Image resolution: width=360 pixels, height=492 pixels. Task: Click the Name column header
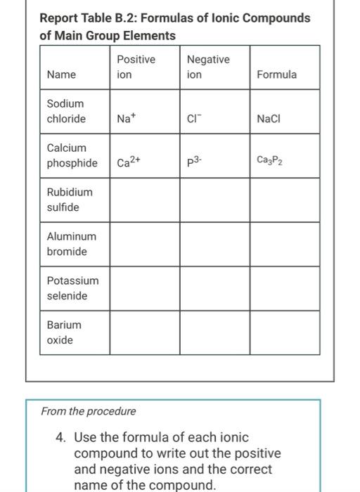click(x=62, y=75)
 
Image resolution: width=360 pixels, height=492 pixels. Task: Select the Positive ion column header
click(x=136, y=67)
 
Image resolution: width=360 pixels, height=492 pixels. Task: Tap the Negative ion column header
click(x=207, y=67)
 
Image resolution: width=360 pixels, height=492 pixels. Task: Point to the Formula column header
click(x=277, y=75)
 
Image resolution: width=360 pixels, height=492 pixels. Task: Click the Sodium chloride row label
click(x=66, y=111)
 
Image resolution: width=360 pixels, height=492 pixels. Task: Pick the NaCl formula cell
click(x=269, y=119)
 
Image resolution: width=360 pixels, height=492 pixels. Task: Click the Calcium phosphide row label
click(x=72, y=155)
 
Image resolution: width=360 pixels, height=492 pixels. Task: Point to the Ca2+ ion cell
click(x=129, y=162)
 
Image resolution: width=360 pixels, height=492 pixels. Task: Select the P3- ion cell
click(x=195, y=162)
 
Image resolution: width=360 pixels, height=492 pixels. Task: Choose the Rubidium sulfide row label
click(x=69, y=200)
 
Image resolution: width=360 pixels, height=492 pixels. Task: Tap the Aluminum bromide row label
click(x=71, y=244)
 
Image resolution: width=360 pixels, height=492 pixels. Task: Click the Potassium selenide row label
click(x=72, y=288)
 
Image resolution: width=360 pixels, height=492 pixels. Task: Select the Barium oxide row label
click(x=64, y=332)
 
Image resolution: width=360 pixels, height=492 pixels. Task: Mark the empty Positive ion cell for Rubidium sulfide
click(x=145, y=200)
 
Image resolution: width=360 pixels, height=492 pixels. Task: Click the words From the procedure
click(x=89, y=411)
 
